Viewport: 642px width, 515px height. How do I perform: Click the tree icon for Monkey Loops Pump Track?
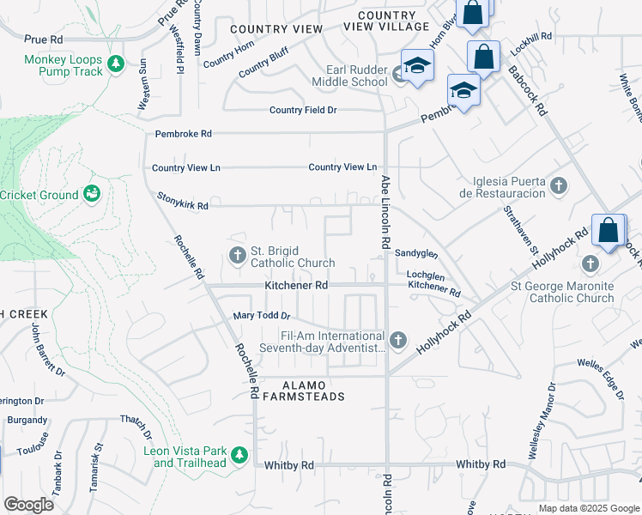click(x=116, y=64)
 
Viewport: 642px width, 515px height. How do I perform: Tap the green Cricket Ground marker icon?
click(x=92, y=195)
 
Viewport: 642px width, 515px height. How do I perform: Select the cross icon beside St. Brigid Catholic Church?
click(x=238, y=255)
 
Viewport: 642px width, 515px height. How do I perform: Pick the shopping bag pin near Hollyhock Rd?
click(x=609, y=232)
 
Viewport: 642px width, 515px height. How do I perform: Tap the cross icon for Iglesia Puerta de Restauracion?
click(x=559, y=185)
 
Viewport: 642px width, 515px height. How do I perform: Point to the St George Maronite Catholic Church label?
click(x=562, y=292)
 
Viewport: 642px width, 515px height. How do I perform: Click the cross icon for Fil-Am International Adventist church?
click(x=397, y=341)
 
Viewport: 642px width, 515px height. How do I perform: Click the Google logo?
click(x=28, y=505)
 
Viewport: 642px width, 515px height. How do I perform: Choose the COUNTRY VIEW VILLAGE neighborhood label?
click(x=386, y=21)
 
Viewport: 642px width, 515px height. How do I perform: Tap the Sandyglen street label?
click(x=416, y=253)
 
